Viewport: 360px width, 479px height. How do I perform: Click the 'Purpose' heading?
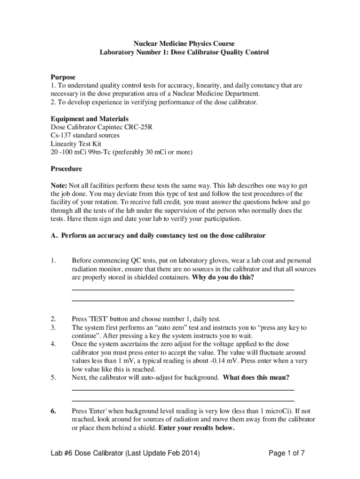(63, 77)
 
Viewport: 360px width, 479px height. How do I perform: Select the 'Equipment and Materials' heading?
(89, 119)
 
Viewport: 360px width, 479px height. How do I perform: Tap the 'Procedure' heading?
(66, 168)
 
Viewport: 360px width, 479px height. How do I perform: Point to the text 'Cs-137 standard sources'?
(85, 135)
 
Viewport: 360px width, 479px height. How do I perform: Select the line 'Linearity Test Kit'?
(76, 144)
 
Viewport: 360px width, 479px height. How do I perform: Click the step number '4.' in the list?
(54, 344)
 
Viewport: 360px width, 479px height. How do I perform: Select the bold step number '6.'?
(54, 411)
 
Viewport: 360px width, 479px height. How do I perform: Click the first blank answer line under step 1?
(183, 290)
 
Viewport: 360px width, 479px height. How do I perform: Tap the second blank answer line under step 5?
(183, 401)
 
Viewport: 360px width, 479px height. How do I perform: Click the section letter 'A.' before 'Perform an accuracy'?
(54, 236)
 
